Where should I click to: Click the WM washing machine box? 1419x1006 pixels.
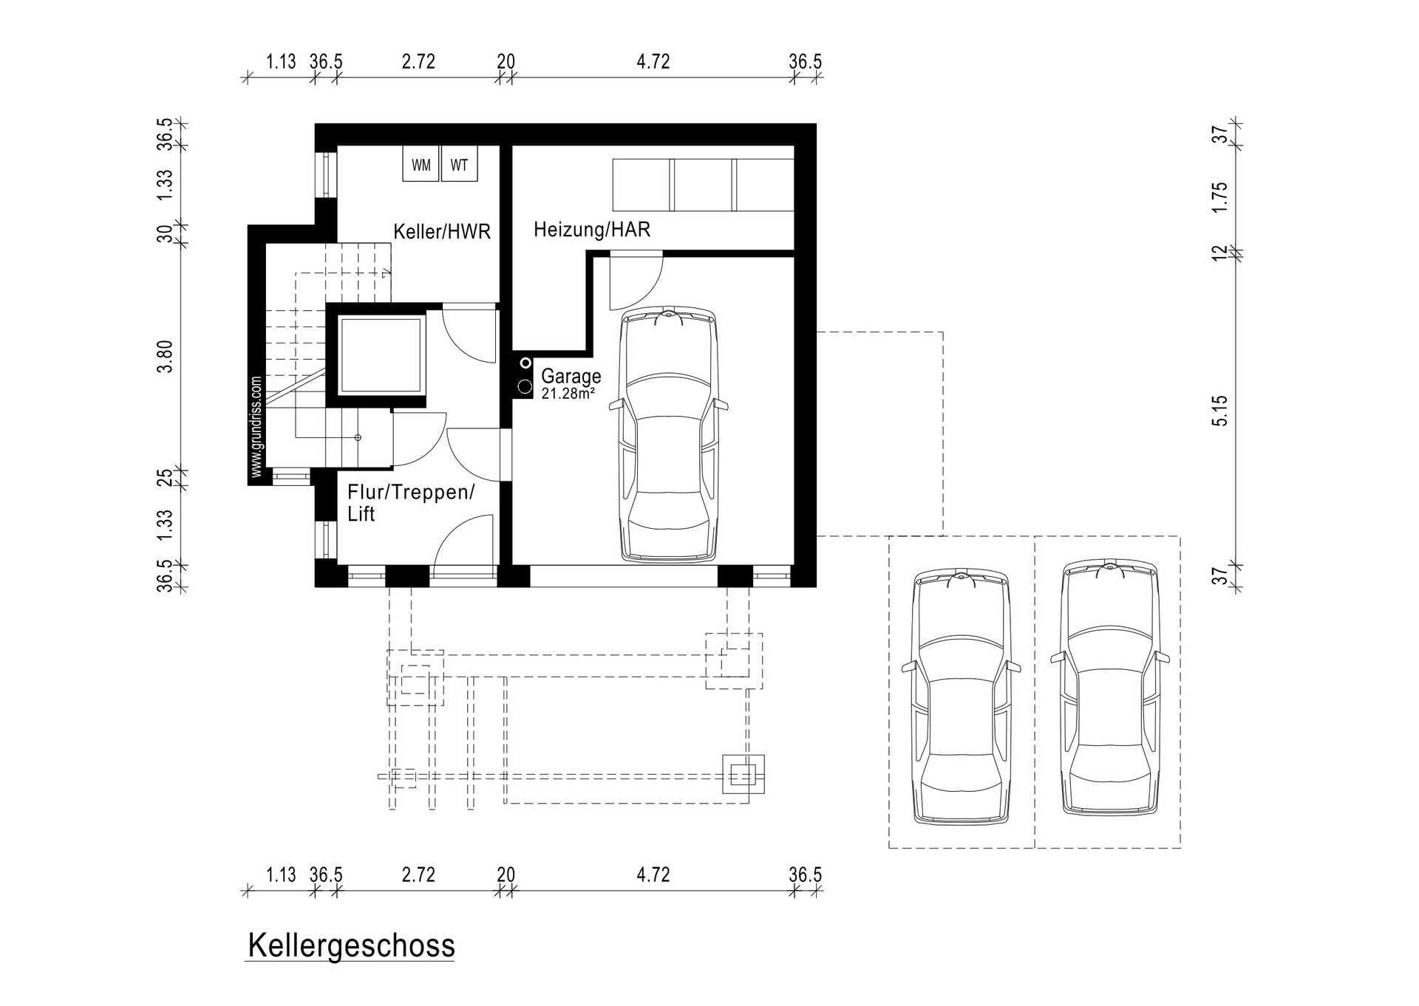(x=421, y=163)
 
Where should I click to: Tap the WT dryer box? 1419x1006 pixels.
(x=459, y=163)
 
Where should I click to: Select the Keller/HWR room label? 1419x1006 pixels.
(x=442, y=231)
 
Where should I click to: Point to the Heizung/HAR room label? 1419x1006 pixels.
(x=592, y=229)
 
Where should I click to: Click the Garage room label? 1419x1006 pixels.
(x=571, y=376)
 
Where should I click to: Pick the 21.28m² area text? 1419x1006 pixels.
(x=568, y=394)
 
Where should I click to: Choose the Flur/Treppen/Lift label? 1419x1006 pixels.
(x=410, y=502)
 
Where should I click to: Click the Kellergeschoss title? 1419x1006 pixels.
(x=351, y=945)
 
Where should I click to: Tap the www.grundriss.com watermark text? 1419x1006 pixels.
(x=256, y=426)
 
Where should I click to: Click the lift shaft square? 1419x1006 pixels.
(x=381, y=355)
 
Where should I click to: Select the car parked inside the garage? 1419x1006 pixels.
(x=669, y=435)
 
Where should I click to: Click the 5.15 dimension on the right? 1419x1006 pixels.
(x=1219, y=411)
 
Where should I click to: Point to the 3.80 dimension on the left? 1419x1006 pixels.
(x=164, y=356)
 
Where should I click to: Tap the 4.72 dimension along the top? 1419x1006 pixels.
(x=653, y=61)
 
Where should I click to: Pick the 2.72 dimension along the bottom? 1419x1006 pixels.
(x=418, y=875)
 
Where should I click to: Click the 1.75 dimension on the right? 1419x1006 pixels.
(x=1219, y=197)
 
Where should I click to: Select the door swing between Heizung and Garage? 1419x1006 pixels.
(x=636, y=281)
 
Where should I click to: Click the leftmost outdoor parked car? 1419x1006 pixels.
(x=961, y=696)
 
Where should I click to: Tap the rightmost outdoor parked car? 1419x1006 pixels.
(x=1109, y=687)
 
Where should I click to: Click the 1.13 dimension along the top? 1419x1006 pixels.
(x=281, y=61)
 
